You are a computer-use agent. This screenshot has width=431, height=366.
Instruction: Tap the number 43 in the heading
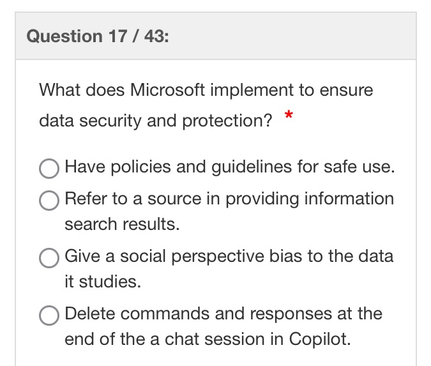[x=149, y=36]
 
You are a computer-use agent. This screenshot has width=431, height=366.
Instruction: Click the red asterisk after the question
[x=289, y=116]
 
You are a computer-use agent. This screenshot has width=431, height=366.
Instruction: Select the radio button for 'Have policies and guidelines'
[x=49, y=169]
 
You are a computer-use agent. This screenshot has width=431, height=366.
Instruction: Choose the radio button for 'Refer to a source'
[x=49, y=201]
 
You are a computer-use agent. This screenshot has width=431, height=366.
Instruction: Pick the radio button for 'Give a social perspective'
[x=49, y=258]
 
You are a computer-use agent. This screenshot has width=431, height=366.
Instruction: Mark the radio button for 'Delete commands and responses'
[x=49, y=316]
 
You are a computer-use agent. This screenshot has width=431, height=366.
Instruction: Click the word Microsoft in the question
[x=167, y=90]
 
